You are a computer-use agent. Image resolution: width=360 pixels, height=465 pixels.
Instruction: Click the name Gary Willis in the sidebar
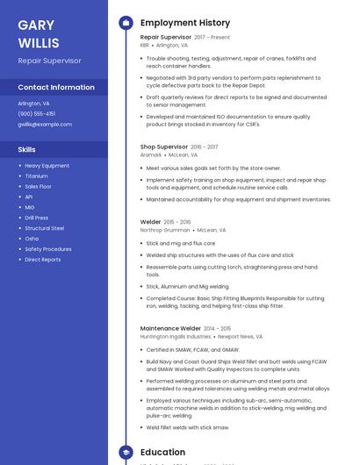point(39,34)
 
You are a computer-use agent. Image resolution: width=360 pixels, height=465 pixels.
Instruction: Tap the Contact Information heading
point(56,87)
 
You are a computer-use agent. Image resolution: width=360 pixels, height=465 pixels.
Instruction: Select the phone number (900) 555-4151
point(36,113)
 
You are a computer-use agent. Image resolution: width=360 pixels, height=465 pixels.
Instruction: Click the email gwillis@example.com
point(45,125)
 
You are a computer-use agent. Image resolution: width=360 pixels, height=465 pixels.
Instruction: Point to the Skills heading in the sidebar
point(26,149)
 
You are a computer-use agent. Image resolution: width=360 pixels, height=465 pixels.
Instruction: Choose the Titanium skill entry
point(36,175)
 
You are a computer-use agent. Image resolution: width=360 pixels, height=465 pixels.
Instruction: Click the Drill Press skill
point(37,218)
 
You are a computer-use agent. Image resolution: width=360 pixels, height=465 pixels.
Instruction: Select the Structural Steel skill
point(44,228)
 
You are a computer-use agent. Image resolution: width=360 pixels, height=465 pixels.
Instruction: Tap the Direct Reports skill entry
point(43,260)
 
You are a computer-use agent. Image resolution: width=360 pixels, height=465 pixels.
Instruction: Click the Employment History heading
point(185,23)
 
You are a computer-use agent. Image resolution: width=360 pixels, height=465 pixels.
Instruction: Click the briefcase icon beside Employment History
point(126,23)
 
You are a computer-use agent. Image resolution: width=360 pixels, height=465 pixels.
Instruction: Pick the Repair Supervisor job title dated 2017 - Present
point(164,38)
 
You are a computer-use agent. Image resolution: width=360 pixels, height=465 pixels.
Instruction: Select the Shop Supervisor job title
point(164,147)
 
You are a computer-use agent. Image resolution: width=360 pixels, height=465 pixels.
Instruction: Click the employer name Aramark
point(151,154)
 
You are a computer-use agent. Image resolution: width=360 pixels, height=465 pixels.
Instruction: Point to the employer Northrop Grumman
point(165,230)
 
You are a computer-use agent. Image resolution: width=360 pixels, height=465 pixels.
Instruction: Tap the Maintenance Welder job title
point(170,328)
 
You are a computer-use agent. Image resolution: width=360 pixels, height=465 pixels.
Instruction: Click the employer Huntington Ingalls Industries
point(176,336)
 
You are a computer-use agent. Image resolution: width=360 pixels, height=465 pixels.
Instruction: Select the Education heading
point(162,453)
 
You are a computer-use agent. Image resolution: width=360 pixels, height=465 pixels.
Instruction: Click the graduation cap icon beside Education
point(126,453)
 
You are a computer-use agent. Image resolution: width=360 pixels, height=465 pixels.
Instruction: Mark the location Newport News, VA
point(240,336)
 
